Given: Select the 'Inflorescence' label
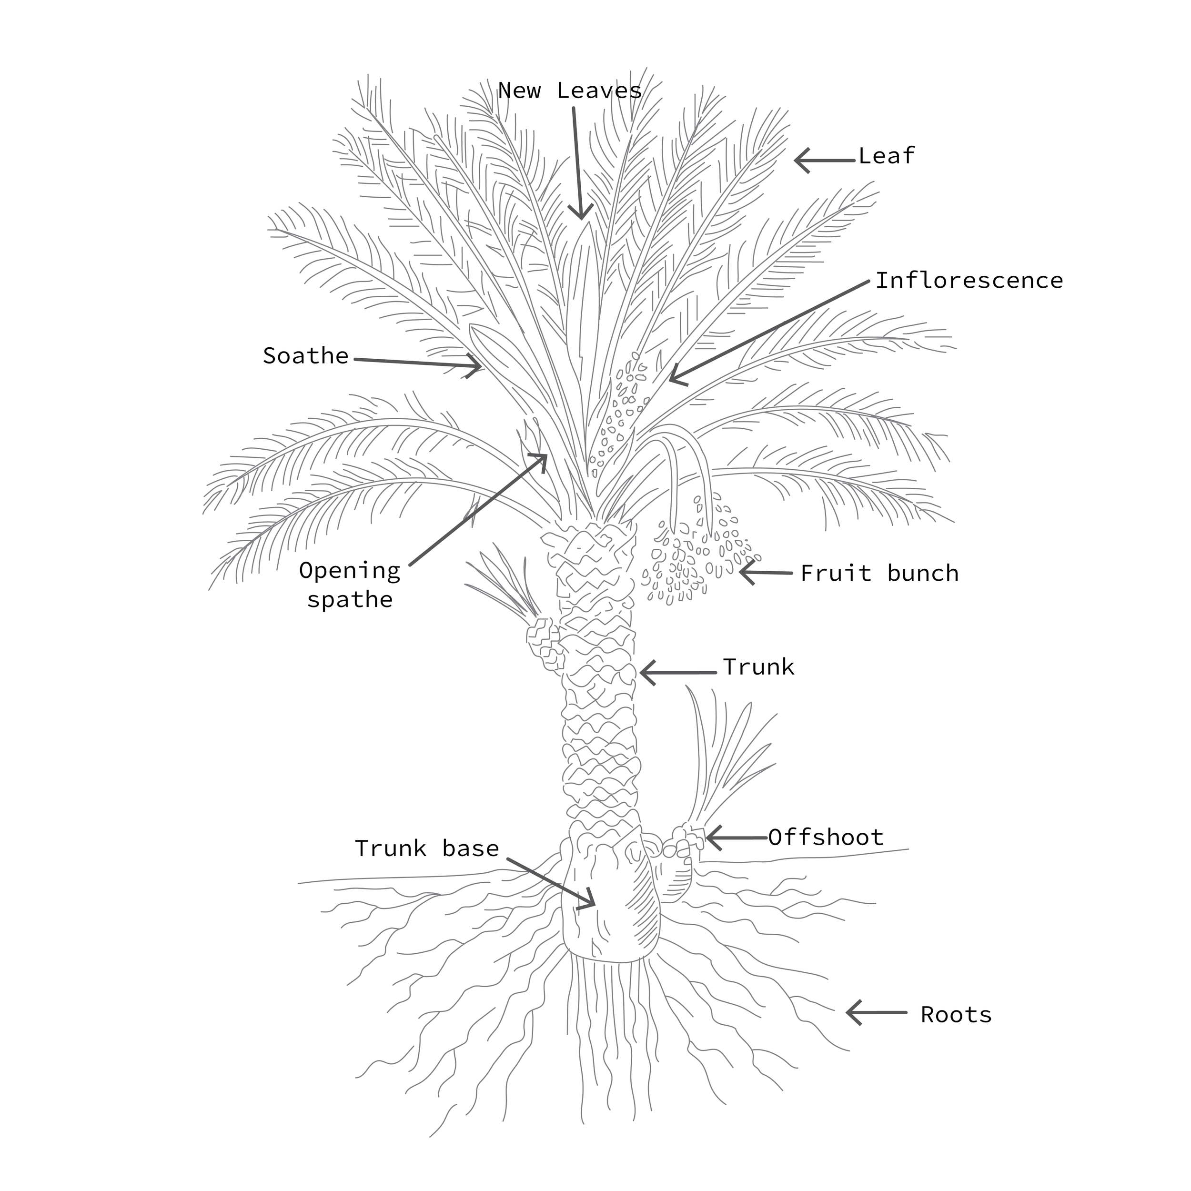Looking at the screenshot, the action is [969, 281].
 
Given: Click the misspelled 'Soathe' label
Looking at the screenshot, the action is [306, 356].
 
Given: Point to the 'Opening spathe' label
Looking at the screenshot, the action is [350, 585].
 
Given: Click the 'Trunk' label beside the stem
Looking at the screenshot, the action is [758, 667].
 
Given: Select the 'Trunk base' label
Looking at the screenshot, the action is [426, 849].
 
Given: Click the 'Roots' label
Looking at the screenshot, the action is [956, 1015].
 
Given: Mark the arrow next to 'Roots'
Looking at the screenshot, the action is [875, 1012].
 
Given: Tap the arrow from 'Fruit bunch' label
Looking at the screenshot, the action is [765, 573].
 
